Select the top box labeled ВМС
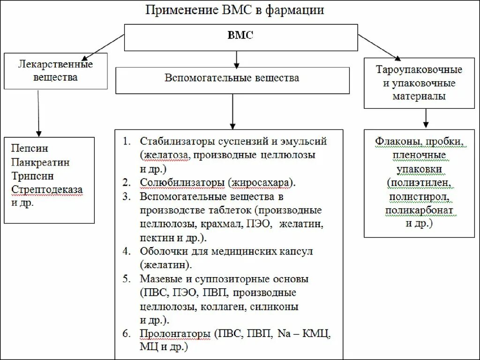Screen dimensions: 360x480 pos(240,36)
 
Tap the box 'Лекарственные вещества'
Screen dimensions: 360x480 pos(55,71)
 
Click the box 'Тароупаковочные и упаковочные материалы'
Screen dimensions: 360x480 pos(419,83)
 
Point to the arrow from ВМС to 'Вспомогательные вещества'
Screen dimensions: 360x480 pos(237,58)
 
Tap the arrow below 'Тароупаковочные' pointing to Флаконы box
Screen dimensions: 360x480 pos(425,118)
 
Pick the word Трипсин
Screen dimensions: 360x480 pos(32,176)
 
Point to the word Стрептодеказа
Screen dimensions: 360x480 pos(46,190)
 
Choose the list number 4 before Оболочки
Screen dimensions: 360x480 pos(126,251)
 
